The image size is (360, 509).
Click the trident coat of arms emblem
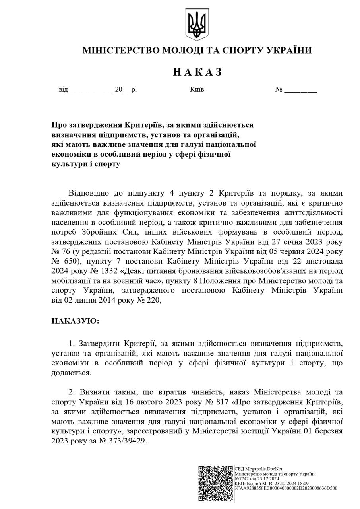click(x=197, y=24)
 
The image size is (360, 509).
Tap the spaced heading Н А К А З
click(x=197, y=72)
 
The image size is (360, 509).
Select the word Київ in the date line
click(x=197, y=89)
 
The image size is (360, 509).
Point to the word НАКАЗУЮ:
click(x=75, y=321)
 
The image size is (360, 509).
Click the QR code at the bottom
click(x=216, y=483)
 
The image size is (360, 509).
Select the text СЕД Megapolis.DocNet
click(x=258, y=469)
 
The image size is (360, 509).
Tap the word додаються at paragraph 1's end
click(x=70, y=373)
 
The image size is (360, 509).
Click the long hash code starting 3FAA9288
click(x=286, y=488)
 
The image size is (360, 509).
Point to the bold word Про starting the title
click(x=59, y=125)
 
